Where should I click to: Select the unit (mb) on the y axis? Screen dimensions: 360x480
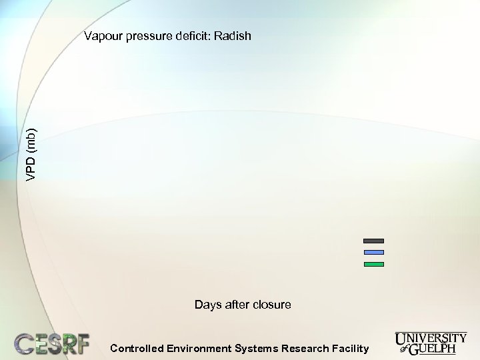point(32,140)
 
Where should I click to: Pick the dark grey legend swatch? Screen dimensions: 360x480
point(373,240)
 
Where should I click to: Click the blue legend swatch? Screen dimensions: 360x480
point(373,252)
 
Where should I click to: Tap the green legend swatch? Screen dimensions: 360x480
point(373,265)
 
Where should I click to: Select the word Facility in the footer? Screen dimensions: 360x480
point(351,348)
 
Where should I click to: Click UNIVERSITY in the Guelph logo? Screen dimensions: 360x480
point(431,338)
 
